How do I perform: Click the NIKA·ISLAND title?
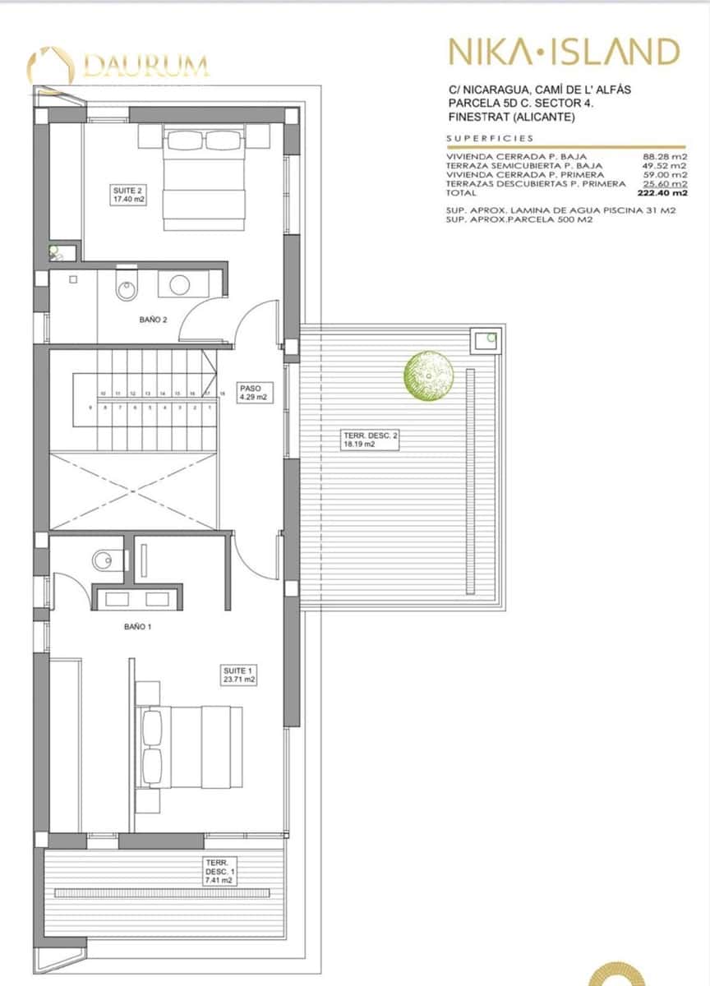pos(563,52)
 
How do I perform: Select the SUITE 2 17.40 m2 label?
pos(128,194)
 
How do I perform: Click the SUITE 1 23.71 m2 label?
pos(239,675)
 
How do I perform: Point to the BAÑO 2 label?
pos(153,320)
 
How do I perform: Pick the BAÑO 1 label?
pos(137,626)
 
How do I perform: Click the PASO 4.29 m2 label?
pos(253,392)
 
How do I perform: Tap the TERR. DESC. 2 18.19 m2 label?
pos(370,440)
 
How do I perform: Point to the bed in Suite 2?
pos(205,177)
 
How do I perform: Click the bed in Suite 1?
pos(189,747)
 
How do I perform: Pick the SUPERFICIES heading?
pos(490,138)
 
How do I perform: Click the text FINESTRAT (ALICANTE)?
pos(512,117)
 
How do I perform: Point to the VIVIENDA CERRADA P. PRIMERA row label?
pos(525,175)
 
